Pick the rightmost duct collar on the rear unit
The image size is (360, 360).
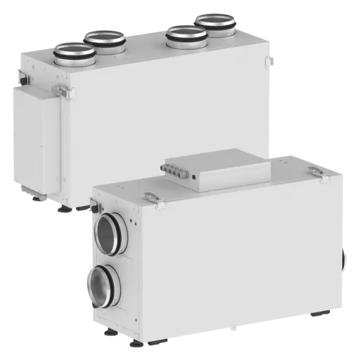click(x=215, y=24)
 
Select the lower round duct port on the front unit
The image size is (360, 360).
click(x=103, y=285)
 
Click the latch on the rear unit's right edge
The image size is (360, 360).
click(x=270, y=61)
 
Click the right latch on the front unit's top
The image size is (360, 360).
click(x=316, y=170)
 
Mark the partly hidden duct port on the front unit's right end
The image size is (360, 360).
click(x=345, y=259)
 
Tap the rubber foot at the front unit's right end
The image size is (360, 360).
click(x=320, y=314)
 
